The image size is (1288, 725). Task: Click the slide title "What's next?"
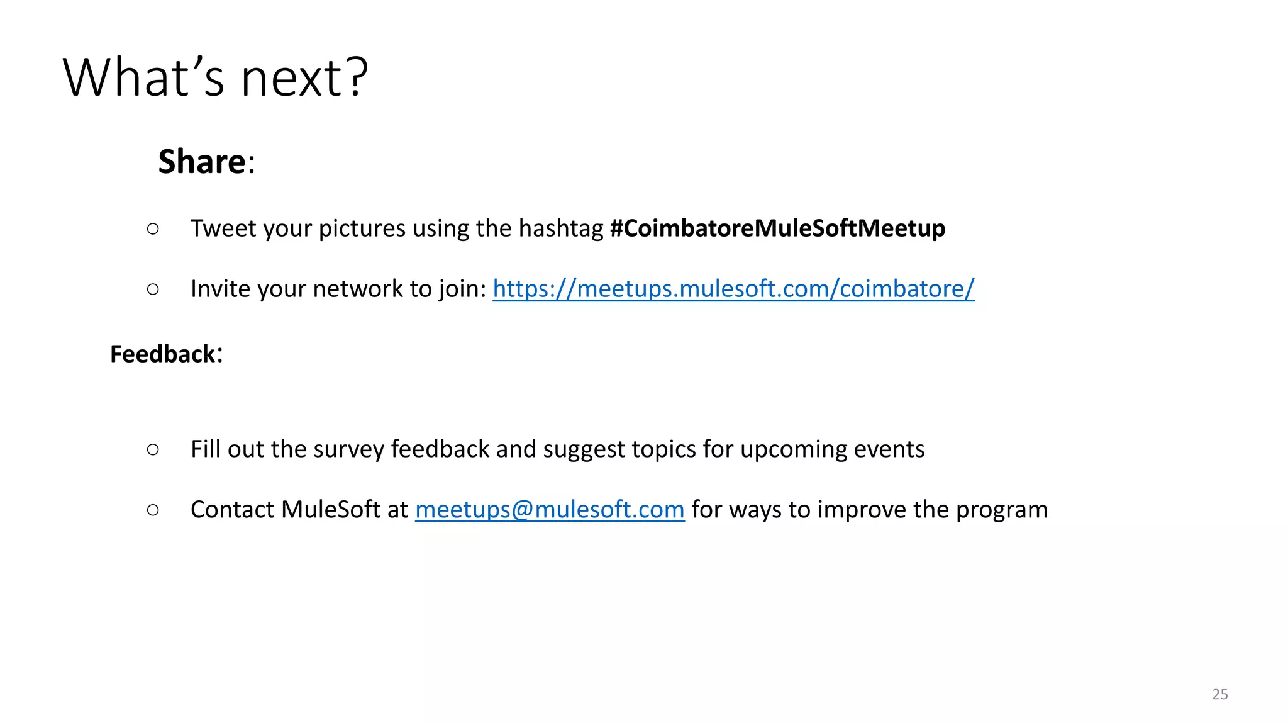(215, 77)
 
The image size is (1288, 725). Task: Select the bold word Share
(202, 162)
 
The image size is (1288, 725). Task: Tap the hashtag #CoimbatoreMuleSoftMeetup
(777, 228)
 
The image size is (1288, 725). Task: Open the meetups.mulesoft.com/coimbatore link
(733, 289)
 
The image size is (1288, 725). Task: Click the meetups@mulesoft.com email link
(550, 510)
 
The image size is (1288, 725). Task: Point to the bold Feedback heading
(163, 354)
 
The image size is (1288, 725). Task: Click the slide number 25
(1219, 694)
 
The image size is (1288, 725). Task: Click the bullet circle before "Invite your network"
(153, 289)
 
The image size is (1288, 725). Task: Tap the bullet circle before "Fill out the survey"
(153, 449)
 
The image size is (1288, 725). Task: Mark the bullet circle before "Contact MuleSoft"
(153, 510)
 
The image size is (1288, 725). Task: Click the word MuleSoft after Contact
(331, 510)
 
